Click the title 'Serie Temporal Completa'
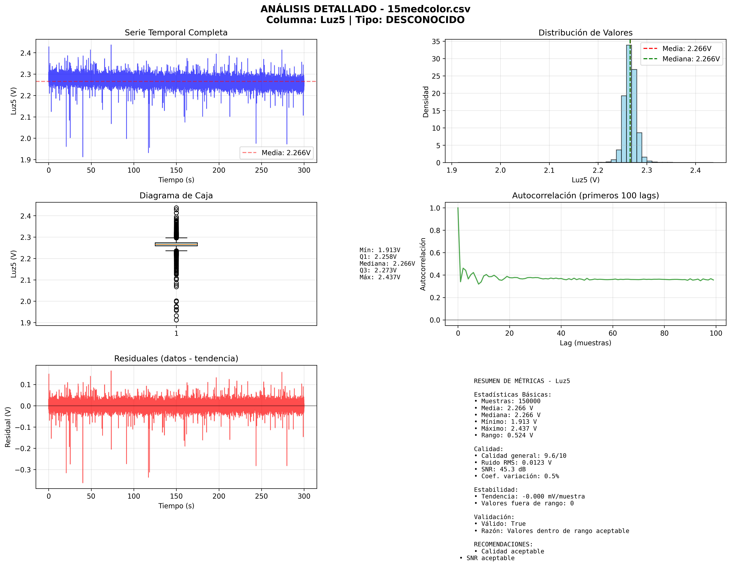click(x=176, y=33)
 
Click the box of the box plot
click(x=176, y=244)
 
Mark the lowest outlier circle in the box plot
click(x=176, y=320)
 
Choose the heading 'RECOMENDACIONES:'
click(x=503, y=544)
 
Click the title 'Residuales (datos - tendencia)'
click(x=176, y=359)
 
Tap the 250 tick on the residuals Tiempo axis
click(x=261, y=496)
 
